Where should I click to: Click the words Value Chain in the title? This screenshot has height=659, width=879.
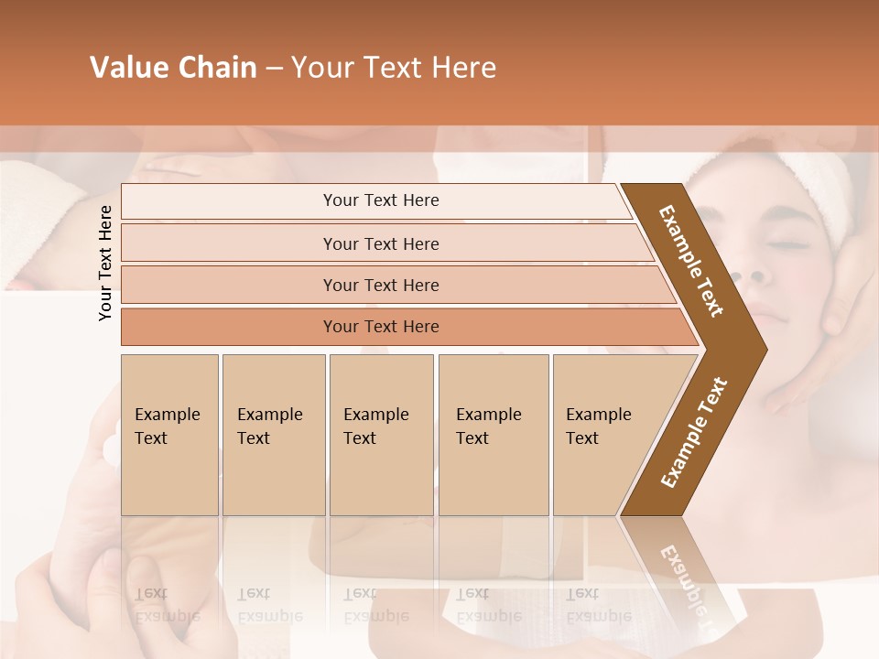pyautogui.click(x=173, y=68)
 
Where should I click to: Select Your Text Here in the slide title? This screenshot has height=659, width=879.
pyautogui.click(x=394, y=68)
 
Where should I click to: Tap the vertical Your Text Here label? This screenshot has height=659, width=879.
pyautogui.click(x=105, y=263)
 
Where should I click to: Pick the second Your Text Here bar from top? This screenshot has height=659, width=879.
pyautogui.click(x=381, y=243)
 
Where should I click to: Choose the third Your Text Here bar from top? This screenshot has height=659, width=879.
pyautogui.click(x=381, y=285)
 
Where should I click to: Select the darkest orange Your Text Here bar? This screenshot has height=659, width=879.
pyautogui.click(x=381, y=327)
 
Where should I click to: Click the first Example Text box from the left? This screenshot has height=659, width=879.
pyautogui.click(x=169, y=435)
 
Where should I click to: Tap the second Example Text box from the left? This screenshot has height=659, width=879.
pyautogui.click(x=273, y=435)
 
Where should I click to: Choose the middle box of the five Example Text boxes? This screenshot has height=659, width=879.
pyautogui.click(x=381, y=435)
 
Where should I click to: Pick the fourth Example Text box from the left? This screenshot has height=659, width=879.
pyautogui.click(x=493, y=435)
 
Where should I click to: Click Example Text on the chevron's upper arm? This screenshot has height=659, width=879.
pyautogui.click(x=691, y=261)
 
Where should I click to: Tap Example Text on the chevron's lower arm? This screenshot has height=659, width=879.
pyautogui.click(x=693, y=432)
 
